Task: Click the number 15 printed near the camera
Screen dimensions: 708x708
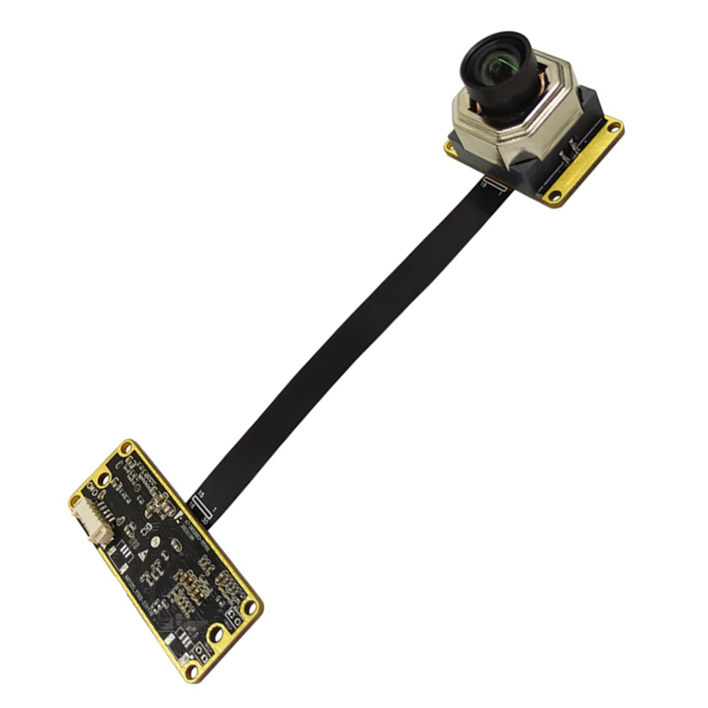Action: pyautogui.click(x=484, y=185)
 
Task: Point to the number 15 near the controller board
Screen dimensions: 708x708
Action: pyautogui.click(x=201, y=493)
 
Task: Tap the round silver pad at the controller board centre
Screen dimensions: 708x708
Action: pyautogui.click(x=155, y=540)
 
